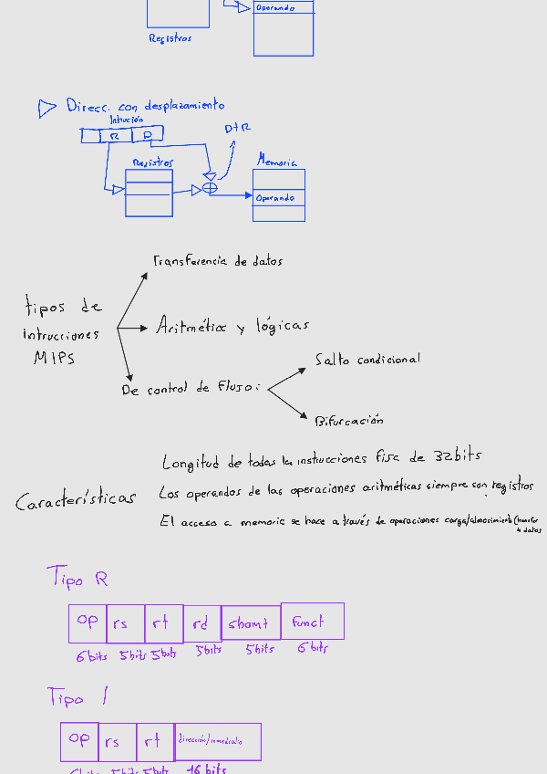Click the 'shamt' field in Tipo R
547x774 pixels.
[250, 622]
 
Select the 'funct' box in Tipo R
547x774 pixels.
[312, 621]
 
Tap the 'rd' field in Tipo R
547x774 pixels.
[201, 623]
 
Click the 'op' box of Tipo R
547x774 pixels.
[88, 622]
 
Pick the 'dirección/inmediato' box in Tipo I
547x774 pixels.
[218, 741]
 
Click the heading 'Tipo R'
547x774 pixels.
[77, 578]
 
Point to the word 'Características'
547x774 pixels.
[76, 500]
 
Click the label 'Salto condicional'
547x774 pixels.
[367, 360]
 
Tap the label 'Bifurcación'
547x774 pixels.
[349, 421]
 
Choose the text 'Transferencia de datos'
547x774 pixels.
[218, 261]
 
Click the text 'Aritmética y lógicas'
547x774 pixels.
[232, 325]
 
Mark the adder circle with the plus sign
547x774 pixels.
[210, 189]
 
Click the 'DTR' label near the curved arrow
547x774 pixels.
[238, 130]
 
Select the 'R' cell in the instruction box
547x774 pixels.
[115, 136]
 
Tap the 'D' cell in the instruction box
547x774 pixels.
[147, 136]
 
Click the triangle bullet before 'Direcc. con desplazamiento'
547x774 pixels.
[46, 109]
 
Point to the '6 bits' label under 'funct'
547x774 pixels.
[312, 648]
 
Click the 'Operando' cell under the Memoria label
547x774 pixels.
[276, 198]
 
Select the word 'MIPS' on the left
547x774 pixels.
[55, 359]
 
